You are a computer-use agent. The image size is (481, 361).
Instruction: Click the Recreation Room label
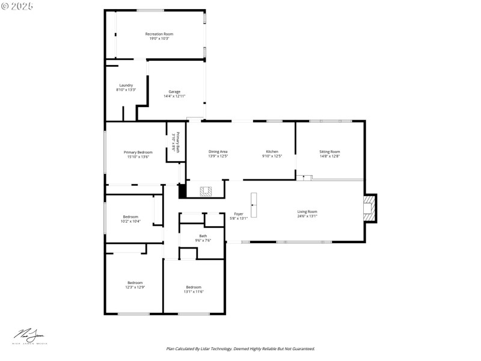click(x=159, y=34)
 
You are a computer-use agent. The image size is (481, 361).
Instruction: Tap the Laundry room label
click(x=126, y=85)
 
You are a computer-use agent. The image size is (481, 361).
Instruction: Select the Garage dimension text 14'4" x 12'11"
click(x=174, y=96)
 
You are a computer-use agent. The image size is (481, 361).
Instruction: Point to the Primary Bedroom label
click(x=138, y=152)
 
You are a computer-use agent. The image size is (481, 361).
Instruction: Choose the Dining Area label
click(x=218, y=152)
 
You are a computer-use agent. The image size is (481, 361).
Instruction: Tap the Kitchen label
click(x=272, y=152)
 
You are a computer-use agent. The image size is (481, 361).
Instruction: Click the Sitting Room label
click(x=329, y=152)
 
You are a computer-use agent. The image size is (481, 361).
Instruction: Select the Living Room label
click(x=307, y=211)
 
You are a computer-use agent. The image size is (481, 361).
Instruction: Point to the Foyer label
click(x=239, y=214)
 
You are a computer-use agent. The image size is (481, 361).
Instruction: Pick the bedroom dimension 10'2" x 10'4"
click(x=130, y=221)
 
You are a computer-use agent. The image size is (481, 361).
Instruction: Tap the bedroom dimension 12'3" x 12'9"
click(x=135, y=288)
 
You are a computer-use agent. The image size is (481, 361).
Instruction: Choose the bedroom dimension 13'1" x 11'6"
click(x=194, y=292)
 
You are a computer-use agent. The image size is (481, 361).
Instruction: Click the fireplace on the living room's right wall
click(x=369, y=208)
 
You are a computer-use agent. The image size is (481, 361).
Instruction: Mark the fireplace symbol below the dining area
click(x=206, y=191)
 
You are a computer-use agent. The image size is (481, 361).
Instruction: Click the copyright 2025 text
click(x=17, y=5)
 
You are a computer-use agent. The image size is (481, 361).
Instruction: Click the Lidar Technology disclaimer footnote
click(x=240, y=348)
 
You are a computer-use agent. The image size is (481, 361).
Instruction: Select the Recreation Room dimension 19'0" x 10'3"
click(x=159, y=39)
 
